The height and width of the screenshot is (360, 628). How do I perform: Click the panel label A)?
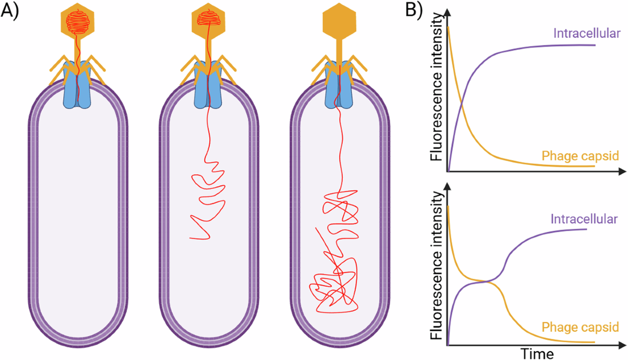coord(10,11)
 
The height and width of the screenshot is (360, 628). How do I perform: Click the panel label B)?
coord(414,11)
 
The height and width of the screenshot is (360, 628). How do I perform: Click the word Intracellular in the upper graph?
coord(587,33)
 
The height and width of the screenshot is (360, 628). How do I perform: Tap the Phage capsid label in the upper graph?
coord(580,156)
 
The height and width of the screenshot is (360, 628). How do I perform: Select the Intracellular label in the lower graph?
coord(584,219)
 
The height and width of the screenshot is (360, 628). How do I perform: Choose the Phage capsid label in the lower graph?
coord(580,327)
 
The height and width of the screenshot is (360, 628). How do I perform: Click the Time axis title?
coord(537,354)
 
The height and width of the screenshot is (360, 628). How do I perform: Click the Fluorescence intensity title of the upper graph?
coord(436,87)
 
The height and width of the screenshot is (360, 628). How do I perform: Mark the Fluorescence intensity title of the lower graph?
coord(436,265)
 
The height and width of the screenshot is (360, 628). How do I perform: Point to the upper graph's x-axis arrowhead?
coord(622,171)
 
